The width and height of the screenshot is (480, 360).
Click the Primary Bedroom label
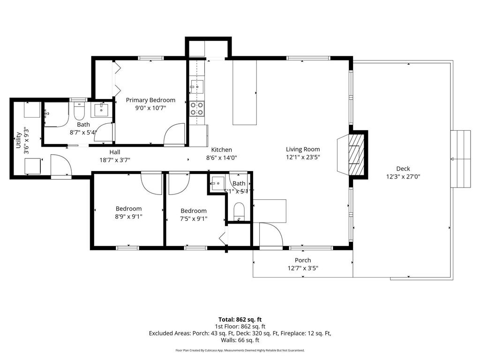(150, 100)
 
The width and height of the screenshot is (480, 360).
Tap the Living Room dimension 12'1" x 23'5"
(303, 157)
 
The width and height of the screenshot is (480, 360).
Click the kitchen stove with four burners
(197, 109)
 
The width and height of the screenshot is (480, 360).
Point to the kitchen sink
(197, 87)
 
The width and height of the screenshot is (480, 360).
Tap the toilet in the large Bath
(79, 112)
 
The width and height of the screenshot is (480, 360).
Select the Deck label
(403, 169)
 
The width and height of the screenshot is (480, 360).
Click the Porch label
(302, 260)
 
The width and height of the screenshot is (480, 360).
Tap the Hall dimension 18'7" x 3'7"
(114, 160)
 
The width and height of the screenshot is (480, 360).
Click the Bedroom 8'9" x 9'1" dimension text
(128, 217)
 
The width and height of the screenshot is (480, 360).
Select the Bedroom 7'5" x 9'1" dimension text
(193, 218)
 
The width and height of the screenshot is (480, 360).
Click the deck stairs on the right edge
(460, 159)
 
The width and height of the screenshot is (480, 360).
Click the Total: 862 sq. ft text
(240, 319)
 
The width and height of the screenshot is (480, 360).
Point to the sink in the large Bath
(102, 111)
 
